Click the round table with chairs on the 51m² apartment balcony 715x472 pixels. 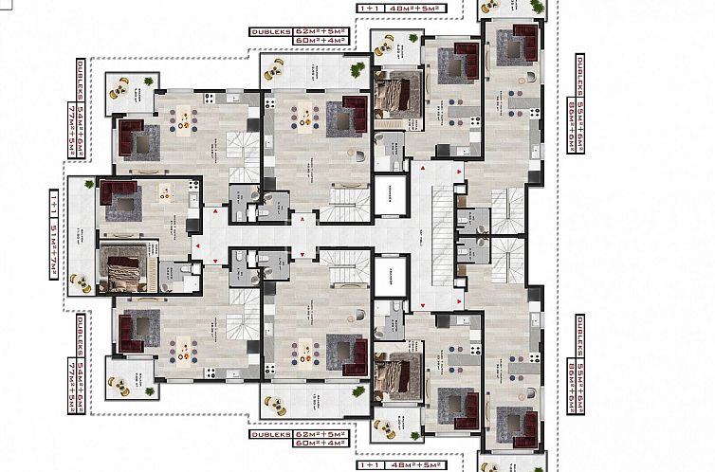(81, 281)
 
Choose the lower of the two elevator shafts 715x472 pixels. (388, 276)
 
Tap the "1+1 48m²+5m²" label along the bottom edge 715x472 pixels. (397, 465)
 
